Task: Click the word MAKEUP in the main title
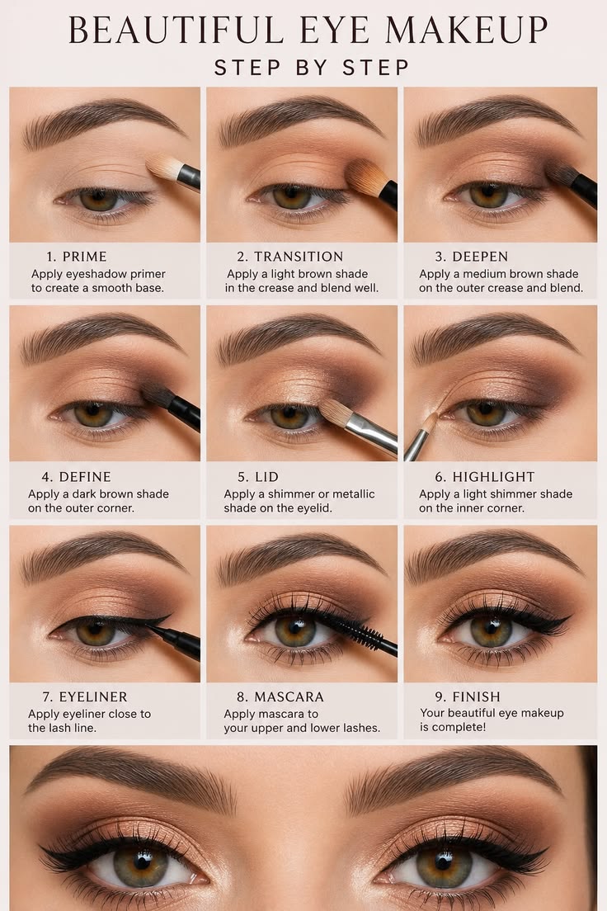[x=467, y=31]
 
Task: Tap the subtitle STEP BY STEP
[x=312, y=68]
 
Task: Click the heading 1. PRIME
[x=77, y=256]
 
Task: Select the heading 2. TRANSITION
[x=289, y=256]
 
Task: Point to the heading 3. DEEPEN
[x=472, y=256]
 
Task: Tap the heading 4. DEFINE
[x=76, y=476]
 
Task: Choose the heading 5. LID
[x=258, y=476]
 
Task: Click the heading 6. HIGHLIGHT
[x=485, y=476]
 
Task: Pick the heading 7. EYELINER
[x=85, y=696]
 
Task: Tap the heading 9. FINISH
[x=468, y=696]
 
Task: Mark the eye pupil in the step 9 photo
[x=492, y=628]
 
